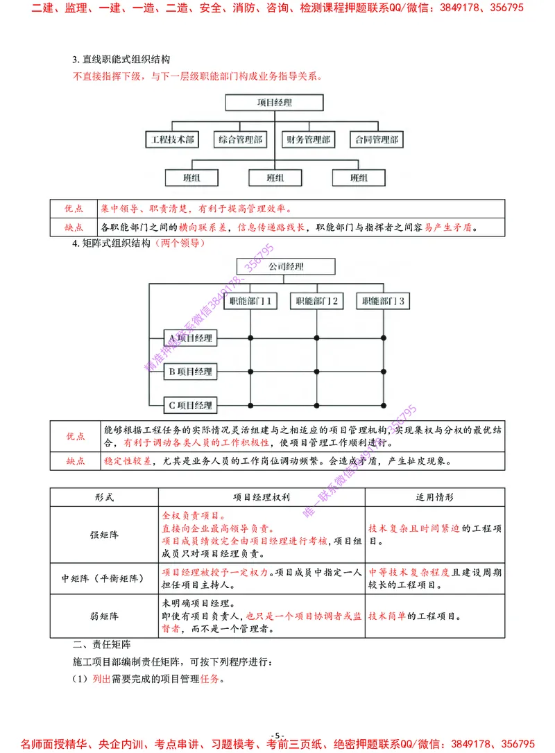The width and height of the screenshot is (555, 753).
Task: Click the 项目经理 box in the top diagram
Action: click(x=274, y=103)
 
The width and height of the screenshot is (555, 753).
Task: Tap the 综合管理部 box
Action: click(x=240, y=139)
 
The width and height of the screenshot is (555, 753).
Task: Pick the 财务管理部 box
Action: click(x=308, y=139)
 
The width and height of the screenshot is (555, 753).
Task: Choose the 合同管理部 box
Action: click(x=376, y=139)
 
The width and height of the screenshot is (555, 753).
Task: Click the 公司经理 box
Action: click(x=285, y=267)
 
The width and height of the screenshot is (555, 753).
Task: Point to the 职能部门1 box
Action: click(x=249, y=302)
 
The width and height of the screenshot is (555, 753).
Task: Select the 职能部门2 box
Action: click(x=316, y=302)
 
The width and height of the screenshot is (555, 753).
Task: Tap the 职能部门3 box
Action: click(x=383, y=302)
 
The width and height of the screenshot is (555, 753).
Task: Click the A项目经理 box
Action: click(x=191, y=338)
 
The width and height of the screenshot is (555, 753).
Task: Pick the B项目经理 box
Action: click(x=191, y=372)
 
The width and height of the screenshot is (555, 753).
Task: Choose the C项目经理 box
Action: click(x=191, y=405)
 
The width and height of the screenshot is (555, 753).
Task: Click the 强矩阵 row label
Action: click(x=104, y=535)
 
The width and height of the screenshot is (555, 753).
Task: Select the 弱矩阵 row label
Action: click(x=104, y=616)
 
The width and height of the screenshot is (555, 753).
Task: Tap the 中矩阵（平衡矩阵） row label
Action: click(x=104, y=578)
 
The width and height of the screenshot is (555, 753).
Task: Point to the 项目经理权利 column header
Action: click(x=262, y=497)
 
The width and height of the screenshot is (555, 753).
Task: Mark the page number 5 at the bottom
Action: click(x=277, y=736)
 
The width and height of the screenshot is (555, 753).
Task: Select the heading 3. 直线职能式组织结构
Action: click(x=121, y=60)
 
